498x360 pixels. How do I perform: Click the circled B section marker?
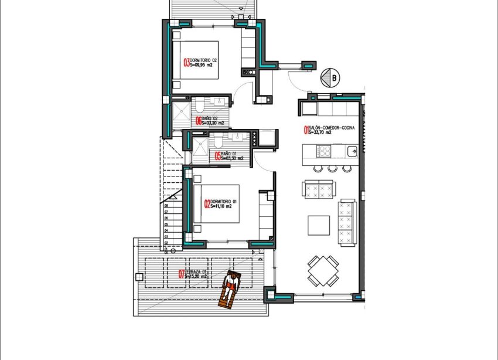click(332, 77)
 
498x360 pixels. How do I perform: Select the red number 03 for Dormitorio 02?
click(186, 63)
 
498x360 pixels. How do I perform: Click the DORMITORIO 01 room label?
click(223, 201)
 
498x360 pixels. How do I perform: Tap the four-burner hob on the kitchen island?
click(323, 151)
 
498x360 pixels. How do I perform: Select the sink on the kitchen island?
click(351, 152)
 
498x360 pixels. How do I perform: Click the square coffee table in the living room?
click(319, 225)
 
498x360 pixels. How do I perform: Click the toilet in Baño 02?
click(200, 105)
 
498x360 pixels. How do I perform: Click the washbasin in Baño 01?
click(239, 138)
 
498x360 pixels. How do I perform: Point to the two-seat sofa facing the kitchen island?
click(318, 189)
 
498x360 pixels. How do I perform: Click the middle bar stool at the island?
click(332, 168)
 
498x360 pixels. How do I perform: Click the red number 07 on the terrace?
click(182, 273)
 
